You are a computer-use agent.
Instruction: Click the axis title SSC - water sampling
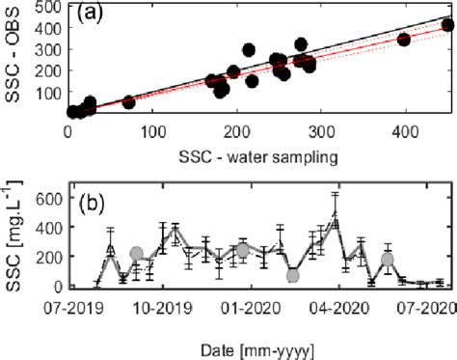[x=254, y=155]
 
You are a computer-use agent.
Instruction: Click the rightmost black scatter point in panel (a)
[x=446, y=24]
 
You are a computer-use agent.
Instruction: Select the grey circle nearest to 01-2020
[x=244, y=250]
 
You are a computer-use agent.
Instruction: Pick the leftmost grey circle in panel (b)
[x=137, y=254]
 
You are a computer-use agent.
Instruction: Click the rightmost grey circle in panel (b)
[x=388, y=259]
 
